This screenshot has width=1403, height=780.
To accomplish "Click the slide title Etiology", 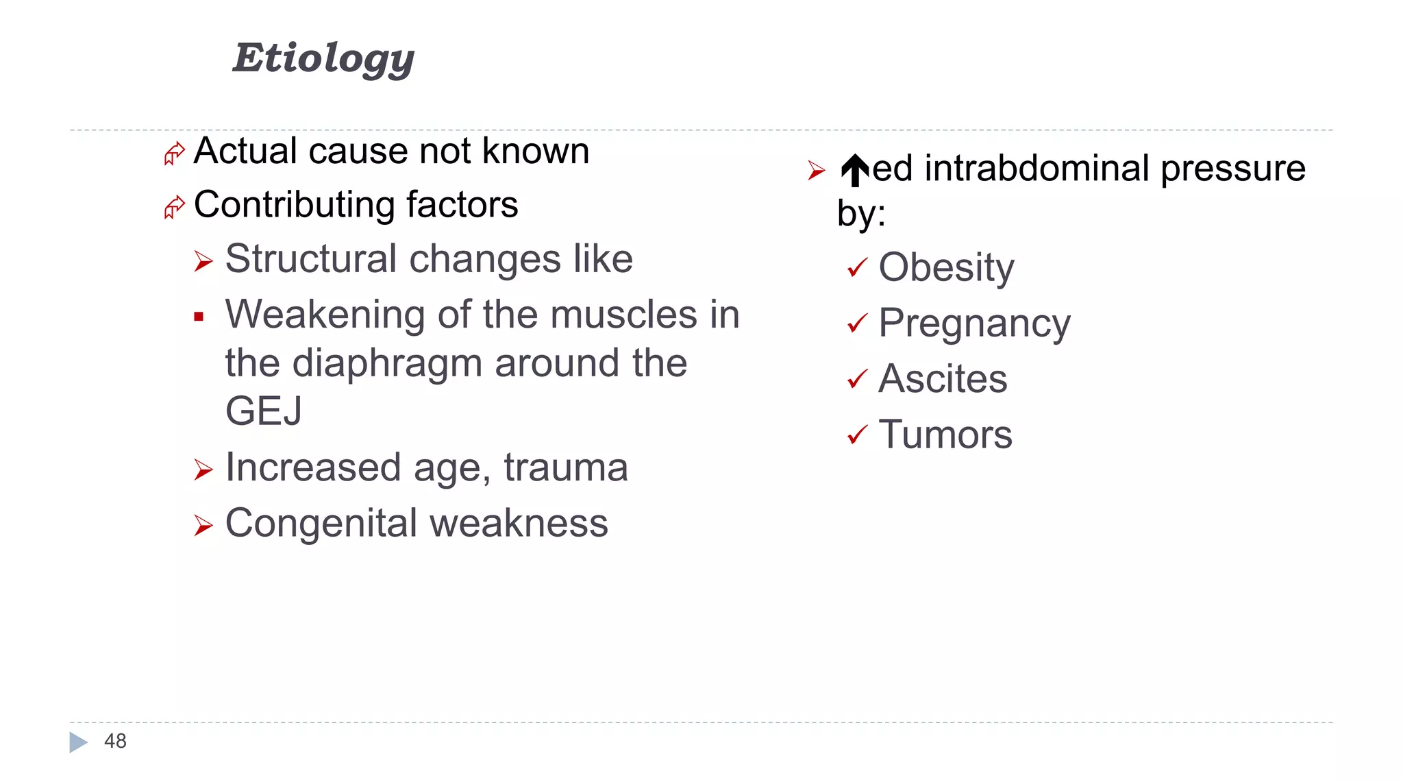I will [323, 58].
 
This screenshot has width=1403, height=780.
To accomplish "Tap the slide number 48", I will [115, 741].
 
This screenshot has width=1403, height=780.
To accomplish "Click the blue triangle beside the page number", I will [78, 742].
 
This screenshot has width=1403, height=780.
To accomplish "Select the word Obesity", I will [946, 267].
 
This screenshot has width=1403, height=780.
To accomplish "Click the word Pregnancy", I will [973, 324].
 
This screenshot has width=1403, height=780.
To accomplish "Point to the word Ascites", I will [943, 379].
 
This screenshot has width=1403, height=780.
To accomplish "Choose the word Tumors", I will [945, 435].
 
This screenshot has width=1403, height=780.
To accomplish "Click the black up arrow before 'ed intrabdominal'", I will [854, 170].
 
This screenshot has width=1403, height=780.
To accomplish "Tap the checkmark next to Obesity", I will [857, 267].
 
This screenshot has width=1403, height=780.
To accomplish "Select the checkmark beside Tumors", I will [857, 435].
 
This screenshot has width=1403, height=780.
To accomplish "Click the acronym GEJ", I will [263, 411].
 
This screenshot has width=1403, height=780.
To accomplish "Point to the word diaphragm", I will [387, 363].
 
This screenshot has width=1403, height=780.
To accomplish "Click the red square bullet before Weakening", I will [199, 317].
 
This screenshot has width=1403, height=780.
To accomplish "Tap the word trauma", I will [565, 468].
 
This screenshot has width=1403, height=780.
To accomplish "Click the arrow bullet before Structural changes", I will [203, 261].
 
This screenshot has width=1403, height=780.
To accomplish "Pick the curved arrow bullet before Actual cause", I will [174, 153].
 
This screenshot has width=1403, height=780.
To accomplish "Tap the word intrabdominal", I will [1036, 169].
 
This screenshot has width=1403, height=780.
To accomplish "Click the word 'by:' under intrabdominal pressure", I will [861, 213].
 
